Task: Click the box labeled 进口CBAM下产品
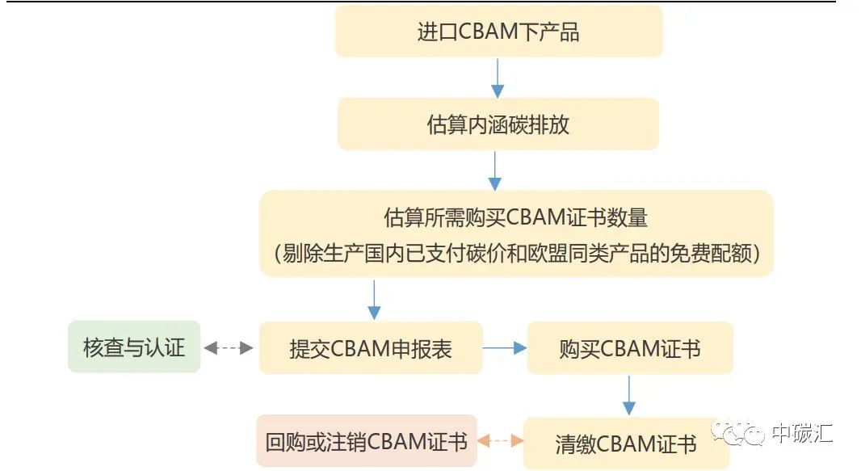(498, 32)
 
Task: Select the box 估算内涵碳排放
(498, 124)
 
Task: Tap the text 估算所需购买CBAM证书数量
(515, 217)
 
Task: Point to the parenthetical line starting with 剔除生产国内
(516, 253)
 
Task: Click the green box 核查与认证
(134, 347)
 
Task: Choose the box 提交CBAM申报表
(371, 348)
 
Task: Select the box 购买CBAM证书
(630, 348)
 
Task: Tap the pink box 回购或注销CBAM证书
(366, 441)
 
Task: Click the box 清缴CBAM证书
(626, 444)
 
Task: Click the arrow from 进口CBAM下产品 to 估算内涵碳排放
(498, 78)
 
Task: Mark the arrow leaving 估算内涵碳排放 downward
(495, 170)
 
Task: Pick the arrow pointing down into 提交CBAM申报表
(374, 300)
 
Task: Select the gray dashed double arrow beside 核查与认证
(229, 347)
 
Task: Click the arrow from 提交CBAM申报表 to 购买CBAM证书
(505, 347)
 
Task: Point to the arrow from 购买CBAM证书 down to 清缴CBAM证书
(628, 395)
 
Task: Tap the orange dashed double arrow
(500, 440)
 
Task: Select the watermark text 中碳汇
(802, 433)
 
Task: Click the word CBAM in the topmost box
(488, 32)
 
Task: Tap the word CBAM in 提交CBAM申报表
(360, 348)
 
